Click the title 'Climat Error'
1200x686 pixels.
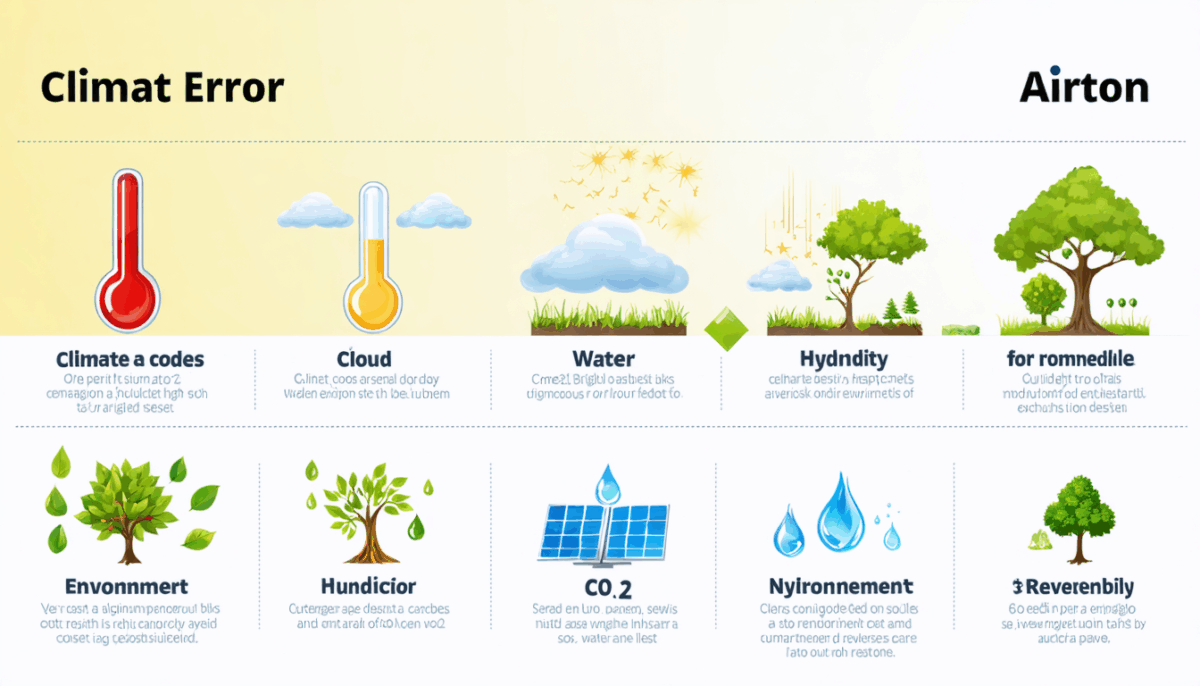[162, 88]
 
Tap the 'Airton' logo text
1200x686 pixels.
[1084, 88]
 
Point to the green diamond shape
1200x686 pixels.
[727, 329]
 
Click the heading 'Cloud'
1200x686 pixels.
[364, 358]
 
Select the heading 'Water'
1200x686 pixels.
[604, 358]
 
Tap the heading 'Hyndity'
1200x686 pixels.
[844, 358]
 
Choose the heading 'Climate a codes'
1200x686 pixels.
[130, 358]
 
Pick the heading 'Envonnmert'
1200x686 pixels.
[126, 586]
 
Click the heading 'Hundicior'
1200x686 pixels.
[368, 586]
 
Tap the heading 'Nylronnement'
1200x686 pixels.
[840, 586]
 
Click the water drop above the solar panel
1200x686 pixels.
[606, 485]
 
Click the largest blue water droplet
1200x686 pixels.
[840, 510]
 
